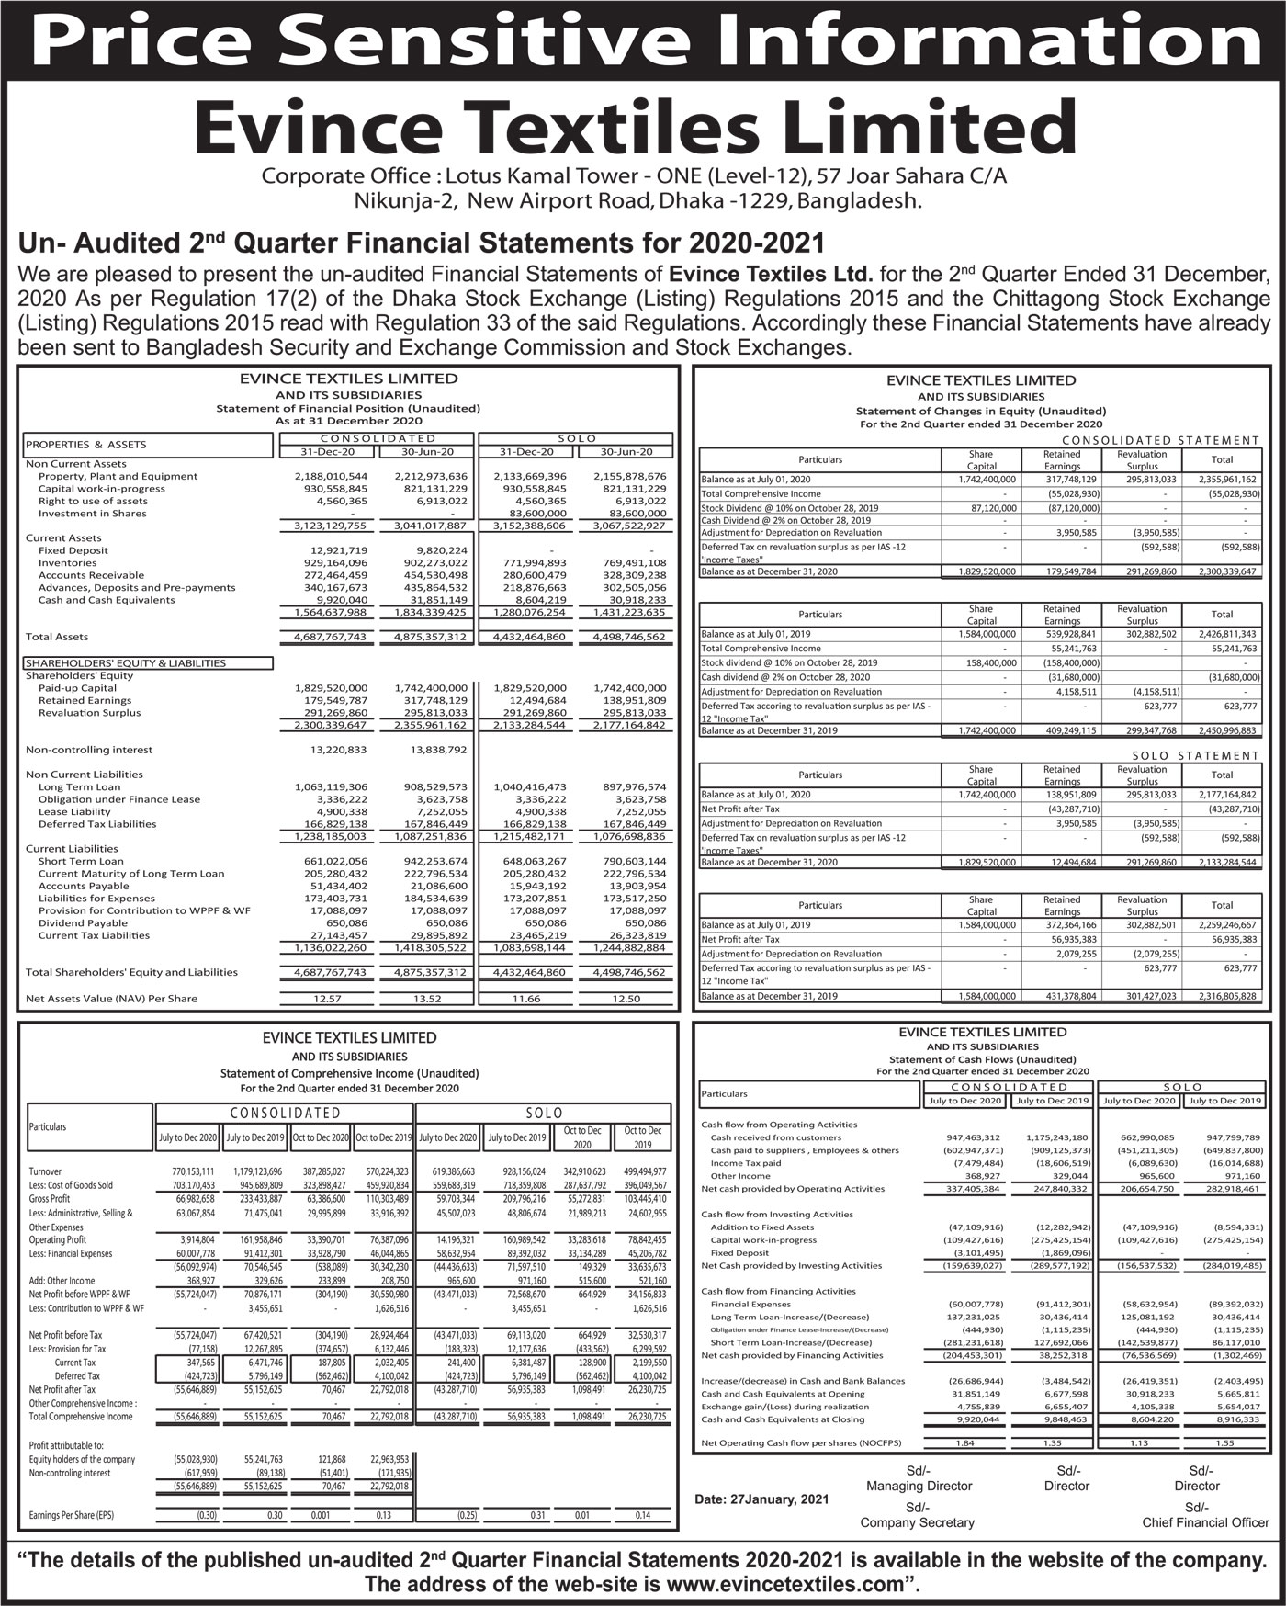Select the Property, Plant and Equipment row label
coord(118,476)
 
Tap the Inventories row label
coord(67,562)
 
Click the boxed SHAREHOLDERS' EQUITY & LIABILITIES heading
coord(126,662)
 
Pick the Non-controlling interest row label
coord(89,750)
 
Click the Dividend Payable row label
coord(83,922)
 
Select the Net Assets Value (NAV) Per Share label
coord(111,998)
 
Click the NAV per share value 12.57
coord(328,998)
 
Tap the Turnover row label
coord(45,1171)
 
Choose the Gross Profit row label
coord(50,1199)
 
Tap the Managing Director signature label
coord(919,1486)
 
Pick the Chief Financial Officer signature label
coord(1205,1522)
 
